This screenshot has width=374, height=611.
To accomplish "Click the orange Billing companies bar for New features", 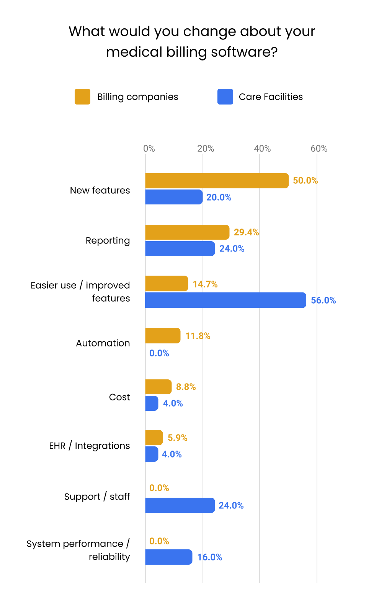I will (217, 181).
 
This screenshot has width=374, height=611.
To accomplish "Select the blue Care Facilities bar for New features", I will (174, 197).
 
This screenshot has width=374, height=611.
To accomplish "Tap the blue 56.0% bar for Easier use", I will (225, 300).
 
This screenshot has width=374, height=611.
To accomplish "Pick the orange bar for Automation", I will (163, 336).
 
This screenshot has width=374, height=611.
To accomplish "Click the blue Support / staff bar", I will (180, 505).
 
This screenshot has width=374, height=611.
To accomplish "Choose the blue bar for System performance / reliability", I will (168, 557).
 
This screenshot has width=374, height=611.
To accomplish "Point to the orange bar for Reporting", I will (187, 232).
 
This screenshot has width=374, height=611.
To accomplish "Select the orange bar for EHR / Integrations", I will (154, 438).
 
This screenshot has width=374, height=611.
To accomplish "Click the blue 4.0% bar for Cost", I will (152, 403).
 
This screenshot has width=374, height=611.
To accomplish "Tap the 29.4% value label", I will (246, 232).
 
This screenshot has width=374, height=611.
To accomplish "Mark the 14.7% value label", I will (205, 284).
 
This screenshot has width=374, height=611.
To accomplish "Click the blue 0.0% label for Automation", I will (159, 353).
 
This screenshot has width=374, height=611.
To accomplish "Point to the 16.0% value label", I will (209, 557).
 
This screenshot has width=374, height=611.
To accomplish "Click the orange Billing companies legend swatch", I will (82, 97).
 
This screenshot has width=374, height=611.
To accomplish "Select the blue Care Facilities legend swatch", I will (225, 97).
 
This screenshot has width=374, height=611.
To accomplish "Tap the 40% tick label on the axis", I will (262, 149).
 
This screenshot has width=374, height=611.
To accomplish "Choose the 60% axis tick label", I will (319, 149).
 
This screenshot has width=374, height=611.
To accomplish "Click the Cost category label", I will (119, 397).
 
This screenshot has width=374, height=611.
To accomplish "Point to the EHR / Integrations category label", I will (90, 446).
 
